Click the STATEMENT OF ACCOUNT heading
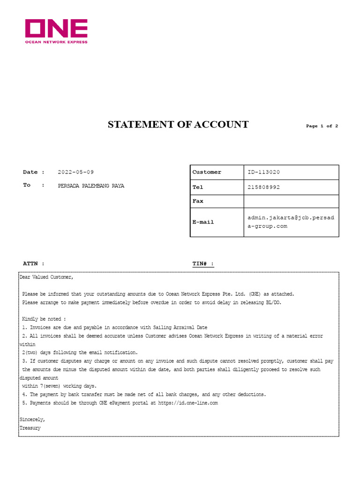[178, 125]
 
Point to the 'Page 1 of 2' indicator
[322, 126]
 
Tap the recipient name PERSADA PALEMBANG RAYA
[91, 186]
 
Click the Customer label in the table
[207, 172]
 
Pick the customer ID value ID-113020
[263, 172]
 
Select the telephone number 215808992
[263, 187]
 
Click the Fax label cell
[198, 201]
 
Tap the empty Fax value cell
[291, 201]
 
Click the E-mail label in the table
[203, 222]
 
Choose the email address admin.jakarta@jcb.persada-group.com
[291, 222]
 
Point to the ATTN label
[34, 264]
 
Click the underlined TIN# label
[203, 264]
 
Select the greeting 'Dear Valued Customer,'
[46, 277]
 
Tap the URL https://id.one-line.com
[187, 403]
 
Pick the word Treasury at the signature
[30, 428]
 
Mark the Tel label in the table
[198, 187]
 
